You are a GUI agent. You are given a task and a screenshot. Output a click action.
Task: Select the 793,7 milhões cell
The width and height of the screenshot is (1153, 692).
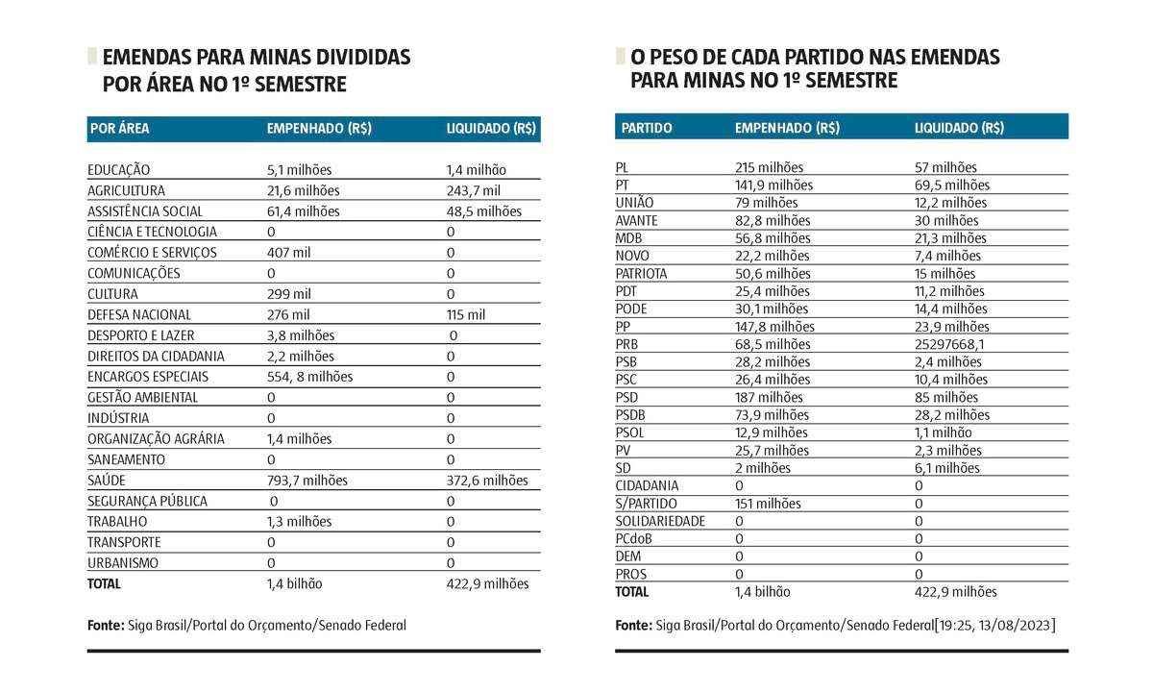pos(307,481)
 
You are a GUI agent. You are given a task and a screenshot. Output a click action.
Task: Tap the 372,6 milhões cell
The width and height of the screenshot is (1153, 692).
pos(487,481)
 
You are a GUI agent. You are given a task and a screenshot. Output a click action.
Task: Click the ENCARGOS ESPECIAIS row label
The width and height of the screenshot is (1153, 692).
pos(148,377)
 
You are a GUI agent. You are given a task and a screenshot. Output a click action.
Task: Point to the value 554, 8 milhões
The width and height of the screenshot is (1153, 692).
pos(309,377)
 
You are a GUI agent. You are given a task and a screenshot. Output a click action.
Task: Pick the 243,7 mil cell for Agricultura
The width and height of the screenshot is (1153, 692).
pos(474,191)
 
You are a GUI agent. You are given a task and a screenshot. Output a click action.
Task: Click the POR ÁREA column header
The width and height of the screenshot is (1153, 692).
pos(120,128)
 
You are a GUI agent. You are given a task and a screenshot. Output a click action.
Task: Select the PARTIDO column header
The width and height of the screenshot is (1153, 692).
pos(647,128)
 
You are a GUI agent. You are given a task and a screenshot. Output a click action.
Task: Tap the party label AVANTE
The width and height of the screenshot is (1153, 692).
pos(637,220)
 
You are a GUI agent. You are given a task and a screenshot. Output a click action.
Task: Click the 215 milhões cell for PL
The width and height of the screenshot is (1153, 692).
pos(769,167)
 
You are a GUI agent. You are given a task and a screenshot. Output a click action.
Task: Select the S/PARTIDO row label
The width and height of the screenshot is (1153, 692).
pos(647,504)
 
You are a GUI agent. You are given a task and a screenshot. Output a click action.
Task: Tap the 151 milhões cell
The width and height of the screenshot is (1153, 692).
pos(768,504)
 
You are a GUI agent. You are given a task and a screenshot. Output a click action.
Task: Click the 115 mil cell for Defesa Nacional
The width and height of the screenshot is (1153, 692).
pos(466,315)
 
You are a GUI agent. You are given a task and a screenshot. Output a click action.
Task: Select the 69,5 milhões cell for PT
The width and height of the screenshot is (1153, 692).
pos(952,185)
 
